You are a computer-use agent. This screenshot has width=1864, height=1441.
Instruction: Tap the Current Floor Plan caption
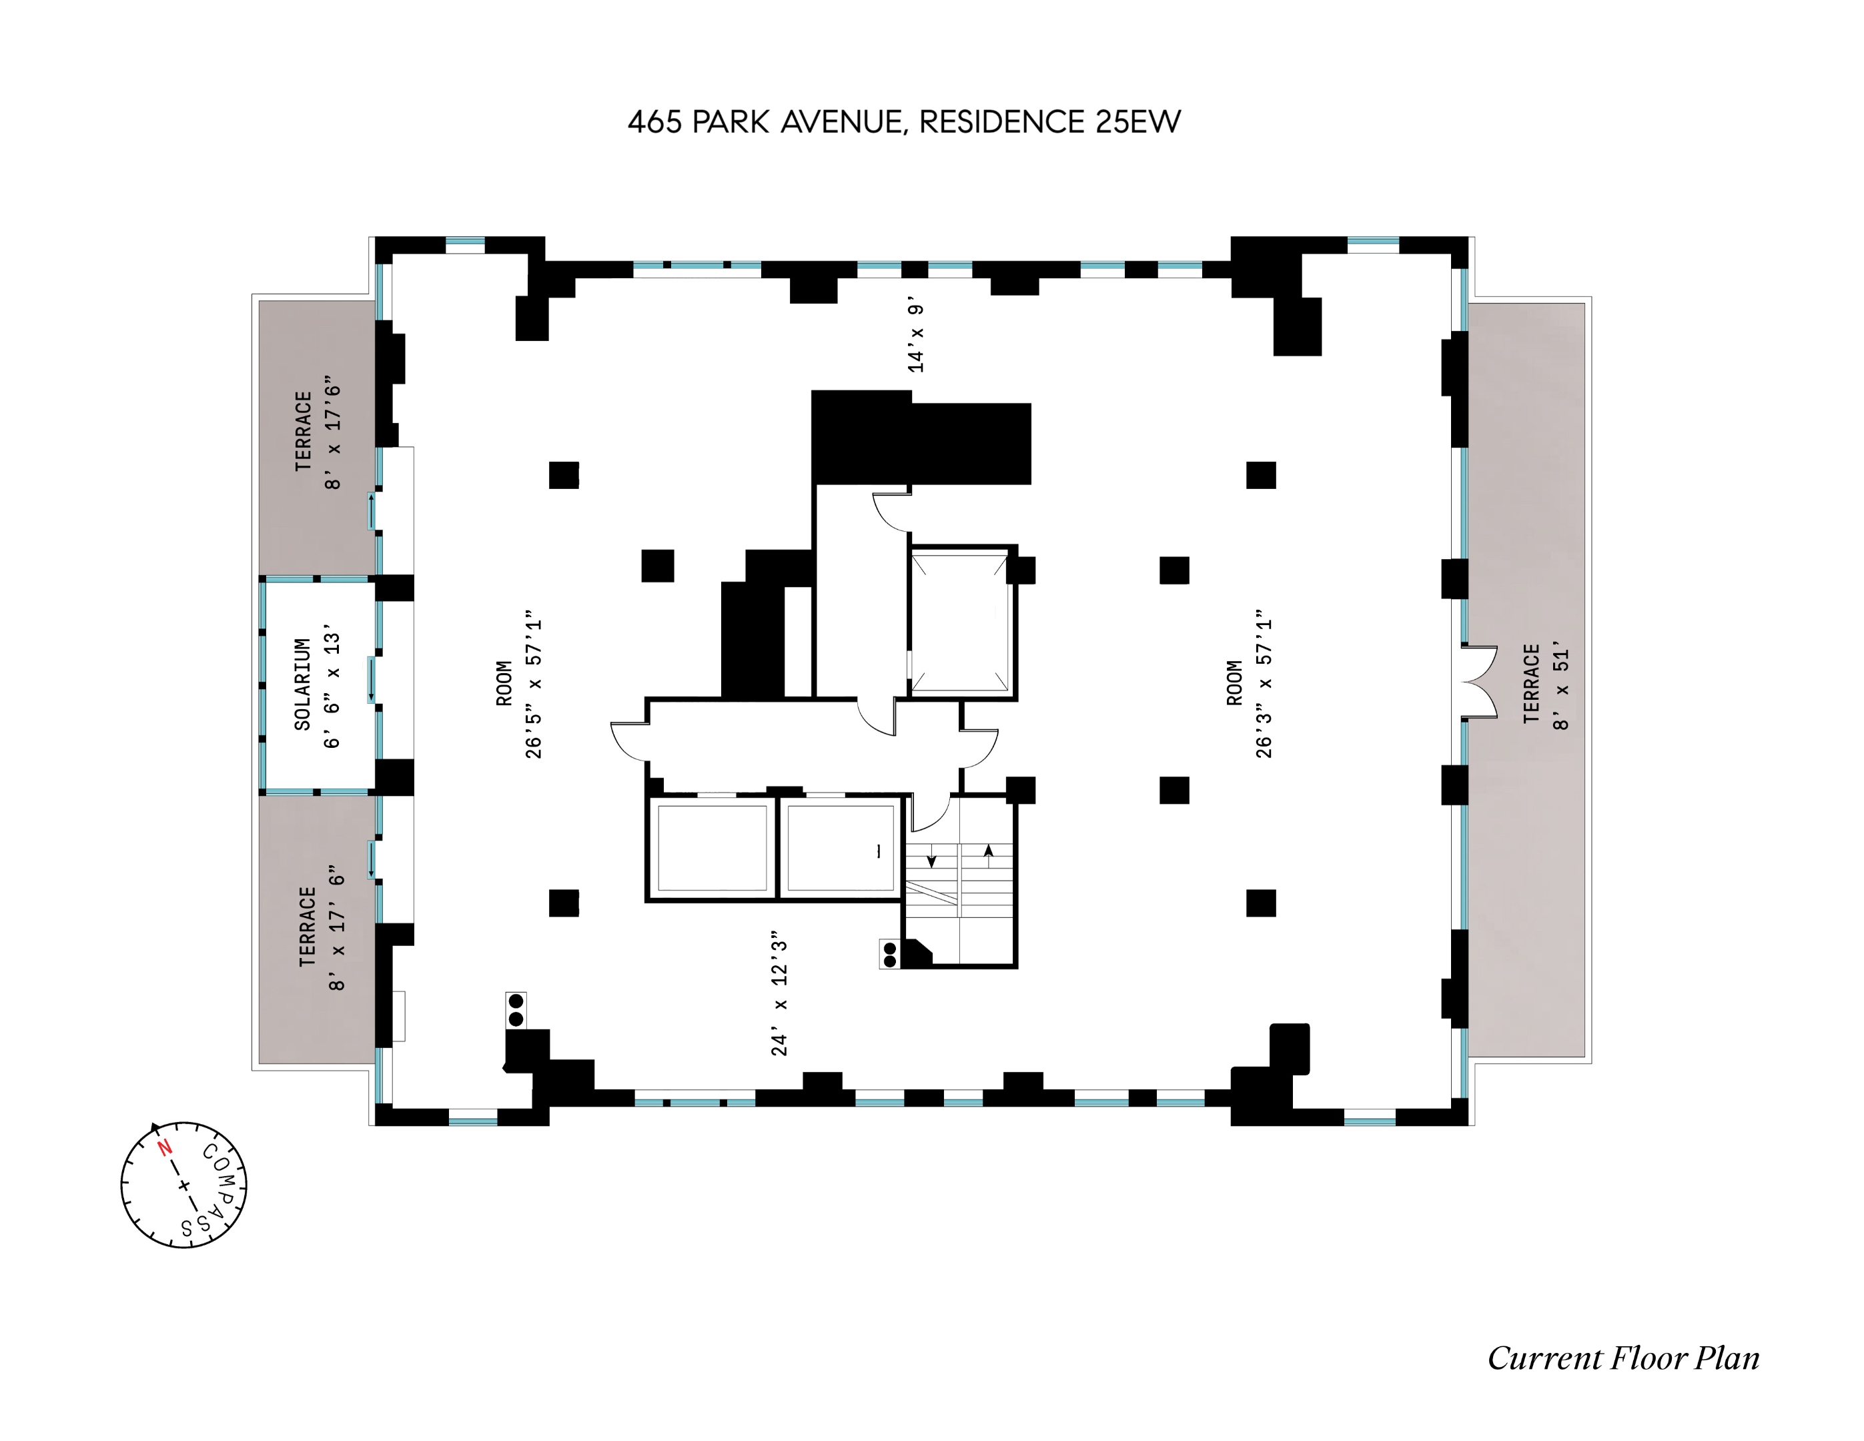[1622, 1358]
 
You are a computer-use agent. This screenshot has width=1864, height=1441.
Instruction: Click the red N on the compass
[165, 1148]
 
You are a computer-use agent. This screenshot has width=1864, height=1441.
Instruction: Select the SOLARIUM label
[302, 684]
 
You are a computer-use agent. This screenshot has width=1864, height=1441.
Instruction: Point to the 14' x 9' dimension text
[916, 337]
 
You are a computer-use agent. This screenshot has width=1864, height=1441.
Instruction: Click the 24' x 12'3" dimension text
[779, 993]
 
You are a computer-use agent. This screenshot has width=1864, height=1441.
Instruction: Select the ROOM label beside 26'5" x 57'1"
[504, 684]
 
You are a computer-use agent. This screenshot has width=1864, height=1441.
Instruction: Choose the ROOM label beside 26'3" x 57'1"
[1234, 683]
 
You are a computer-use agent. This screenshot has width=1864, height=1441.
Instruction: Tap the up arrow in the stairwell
[988, 851]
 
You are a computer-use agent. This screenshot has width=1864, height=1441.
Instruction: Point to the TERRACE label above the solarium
[303, 431]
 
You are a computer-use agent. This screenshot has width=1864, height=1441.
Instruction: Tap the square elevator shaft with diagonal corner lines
[959, 622]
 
